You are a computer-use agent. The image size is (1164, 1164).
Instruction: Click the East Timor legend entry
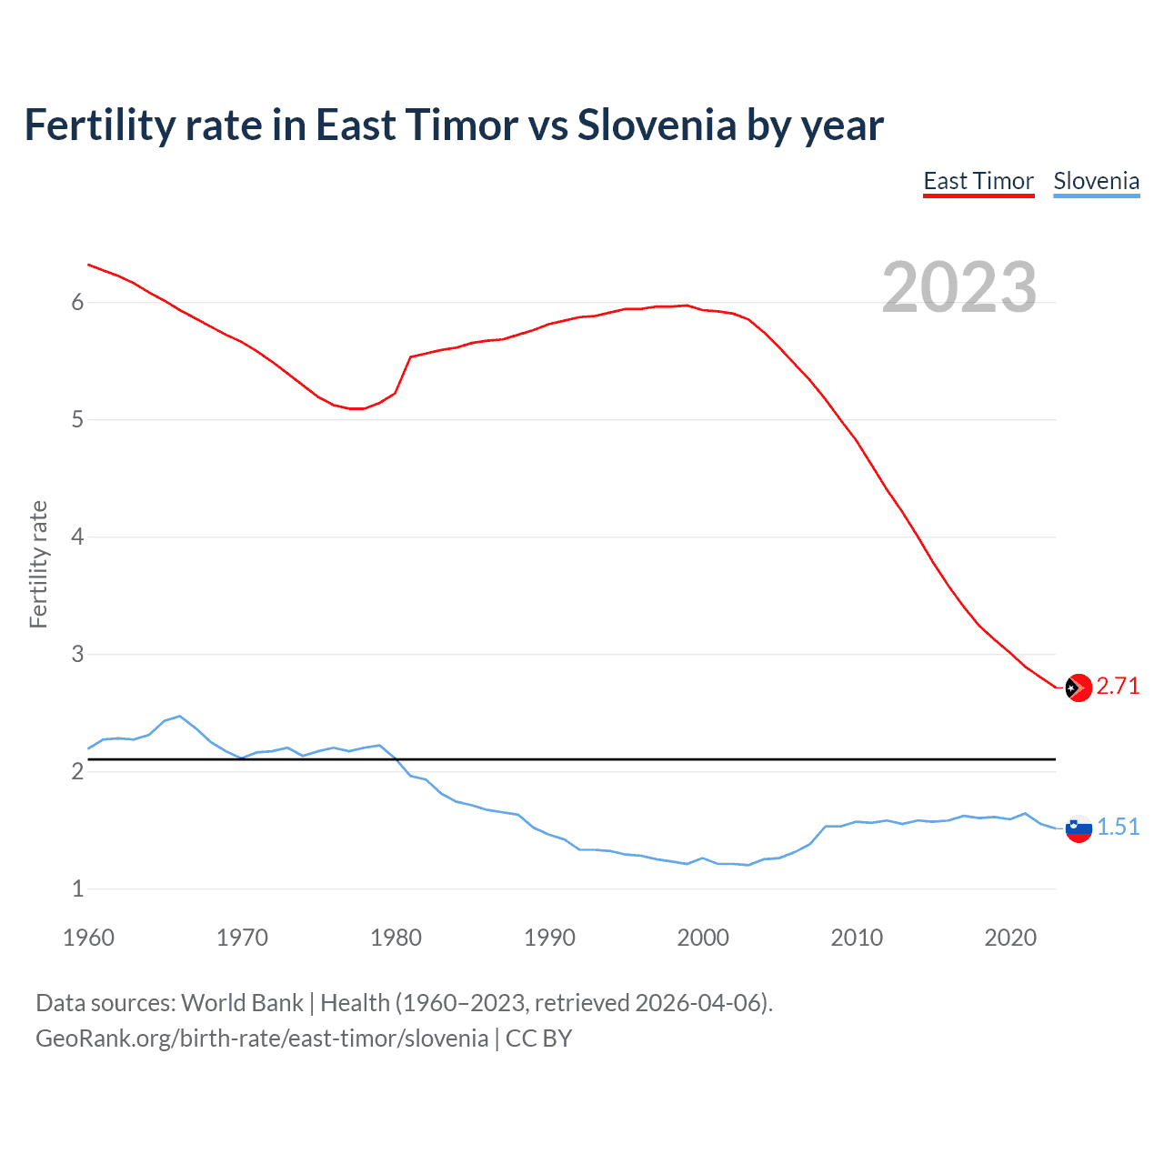click(978, 181)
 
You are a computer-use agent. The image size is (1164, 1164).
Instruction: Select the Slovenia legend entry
click(1096, 181)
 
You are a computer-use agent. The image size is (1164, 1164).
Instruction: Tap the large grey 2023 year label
click(959, 287)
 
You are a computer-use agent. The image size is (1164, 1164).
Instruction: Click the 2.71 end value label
click(1118, 686)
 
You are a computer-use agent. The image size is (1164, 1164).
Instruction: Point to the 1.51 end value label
click(1118, 827)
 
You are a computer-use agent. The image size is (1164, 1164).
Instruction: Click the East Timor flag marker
click(1078, 687)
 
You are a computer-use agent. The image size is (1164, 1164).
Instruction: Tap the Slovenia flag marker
click(1078, 828)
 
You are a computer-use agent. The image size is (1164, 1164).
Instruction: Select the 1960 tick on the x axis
click(88, 938)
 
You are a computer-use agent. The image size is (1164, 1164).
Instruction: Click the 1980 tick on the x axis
click(396, 938)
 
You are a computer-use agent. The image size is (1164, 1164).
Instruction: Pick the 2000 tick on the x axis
click(703, 938)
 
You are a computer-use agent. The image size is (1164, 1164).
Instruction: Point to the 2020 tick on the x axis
click(1010, 938)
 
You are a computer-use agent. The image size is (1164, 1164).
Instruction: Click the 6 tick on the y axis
click(77, 303)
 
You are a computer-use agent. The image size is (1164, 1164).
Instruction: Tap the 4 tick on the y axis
click(77, 537)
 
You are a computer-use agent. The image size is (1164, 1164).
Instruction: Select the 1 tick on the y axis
click(77, 889)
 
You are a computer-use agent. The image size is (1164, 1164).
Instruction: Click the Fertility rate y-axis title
click(38, 564)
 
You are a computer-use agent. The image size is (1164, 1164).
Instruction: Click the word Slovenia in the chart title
click(657, 125)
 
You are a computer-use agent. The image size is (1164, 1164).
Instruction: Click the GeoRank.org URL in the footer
click(262, 1039)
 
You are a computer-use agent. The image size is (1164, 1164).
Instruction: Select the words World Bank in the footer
click(242, 1003)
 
